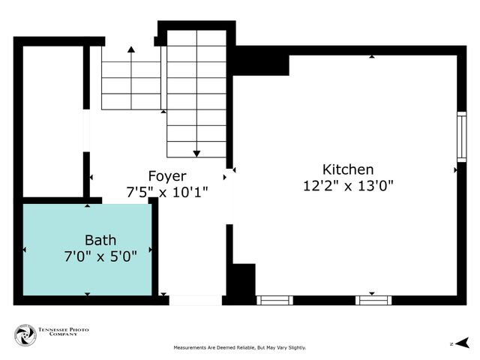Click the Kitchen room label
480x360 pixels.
click(348, 169)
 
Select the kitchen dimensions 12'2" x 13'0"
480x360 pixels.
click(348, 185)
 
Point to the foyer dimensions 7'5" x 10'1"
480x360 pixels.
click(167, 192)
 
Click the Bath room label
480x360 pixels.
click(100, 240)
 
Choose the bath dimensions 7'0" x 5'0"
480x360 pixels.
click(100, 256)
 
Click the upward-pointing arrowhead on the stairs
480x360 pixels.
click(131, 50)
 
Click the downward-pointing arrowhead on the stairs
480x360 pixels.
click(196, 154)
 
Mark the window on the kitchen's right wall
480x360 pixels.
click(461, 136)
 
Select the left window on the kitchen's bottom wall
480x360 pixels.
click(274, 300)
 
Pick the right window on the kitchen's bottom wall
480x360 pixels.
click(373, 300)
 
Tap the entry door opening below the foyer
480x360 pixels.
click(195, 300)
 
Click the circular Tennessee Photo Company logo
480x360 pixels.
click(25, 335)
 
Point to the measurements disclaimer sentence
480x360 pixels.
click(240, 348)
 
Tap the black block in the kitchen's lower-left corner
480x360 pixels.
click(243, 282)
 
